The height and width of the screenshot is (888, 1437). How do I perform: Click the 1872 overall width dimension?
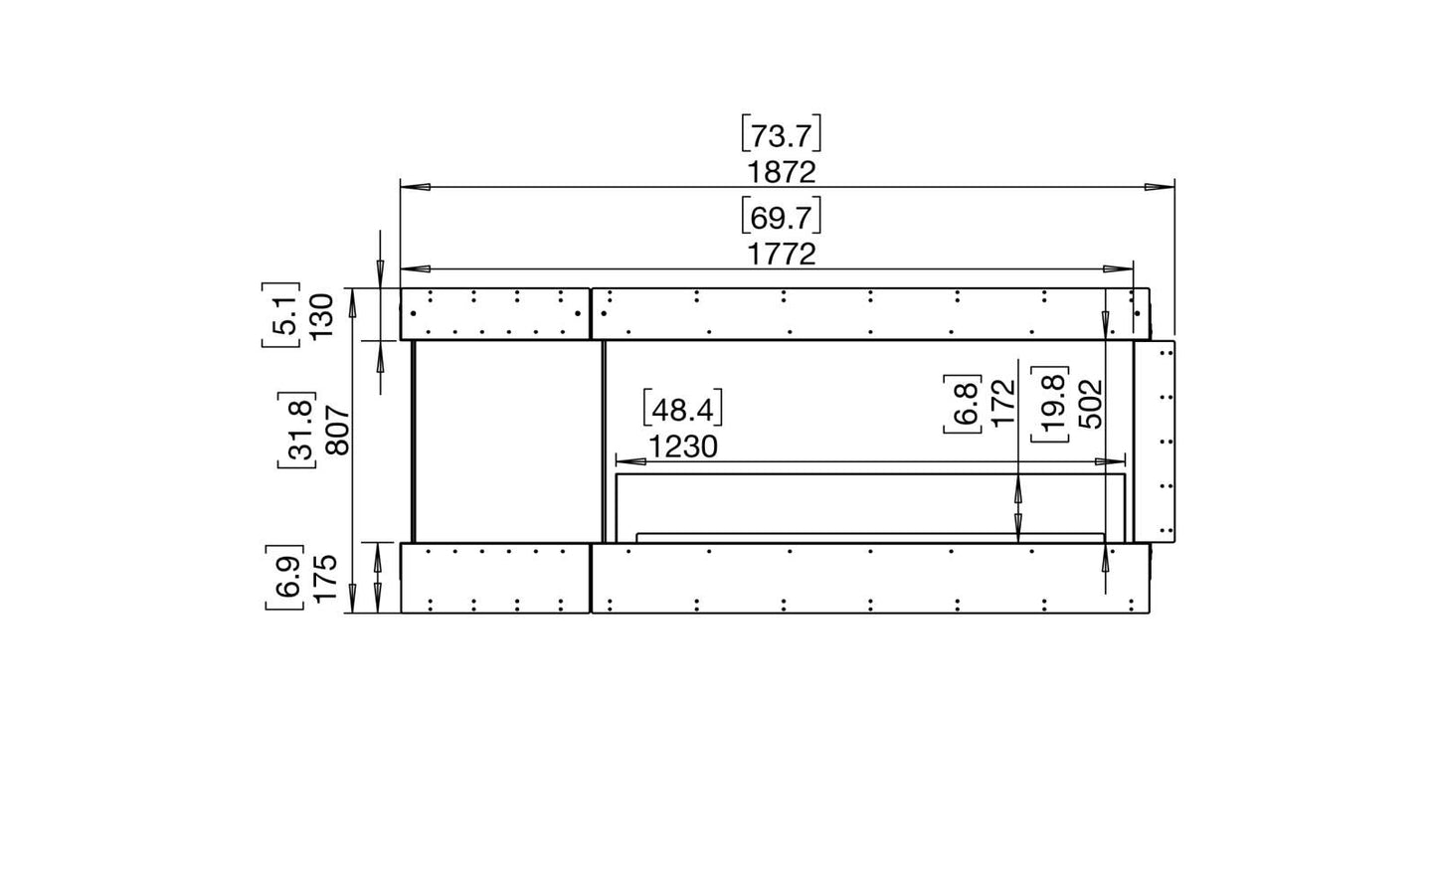click(782, 173)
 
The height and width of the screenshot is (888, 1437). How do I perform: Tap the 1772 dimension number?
click(782, 255)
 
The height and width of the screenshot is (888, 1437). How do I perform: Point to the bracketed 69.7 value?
click(782, 218)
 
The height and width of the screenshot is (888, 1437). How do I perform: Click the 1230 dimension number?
click(682, 446)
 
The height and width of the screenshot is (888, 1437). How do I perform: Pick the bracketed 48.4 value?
click(682, 409)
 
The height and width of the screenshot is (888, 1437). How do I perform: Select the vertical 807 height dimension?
click(338, 430)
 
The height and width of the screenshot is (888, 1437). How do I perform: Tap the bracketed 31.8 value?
click(297, 430)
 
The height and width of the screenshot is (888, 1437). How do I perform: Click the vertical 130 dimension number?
click(322, 315)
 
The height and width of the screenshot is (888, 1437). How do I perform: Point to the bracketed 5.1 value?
click(281, 314)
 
